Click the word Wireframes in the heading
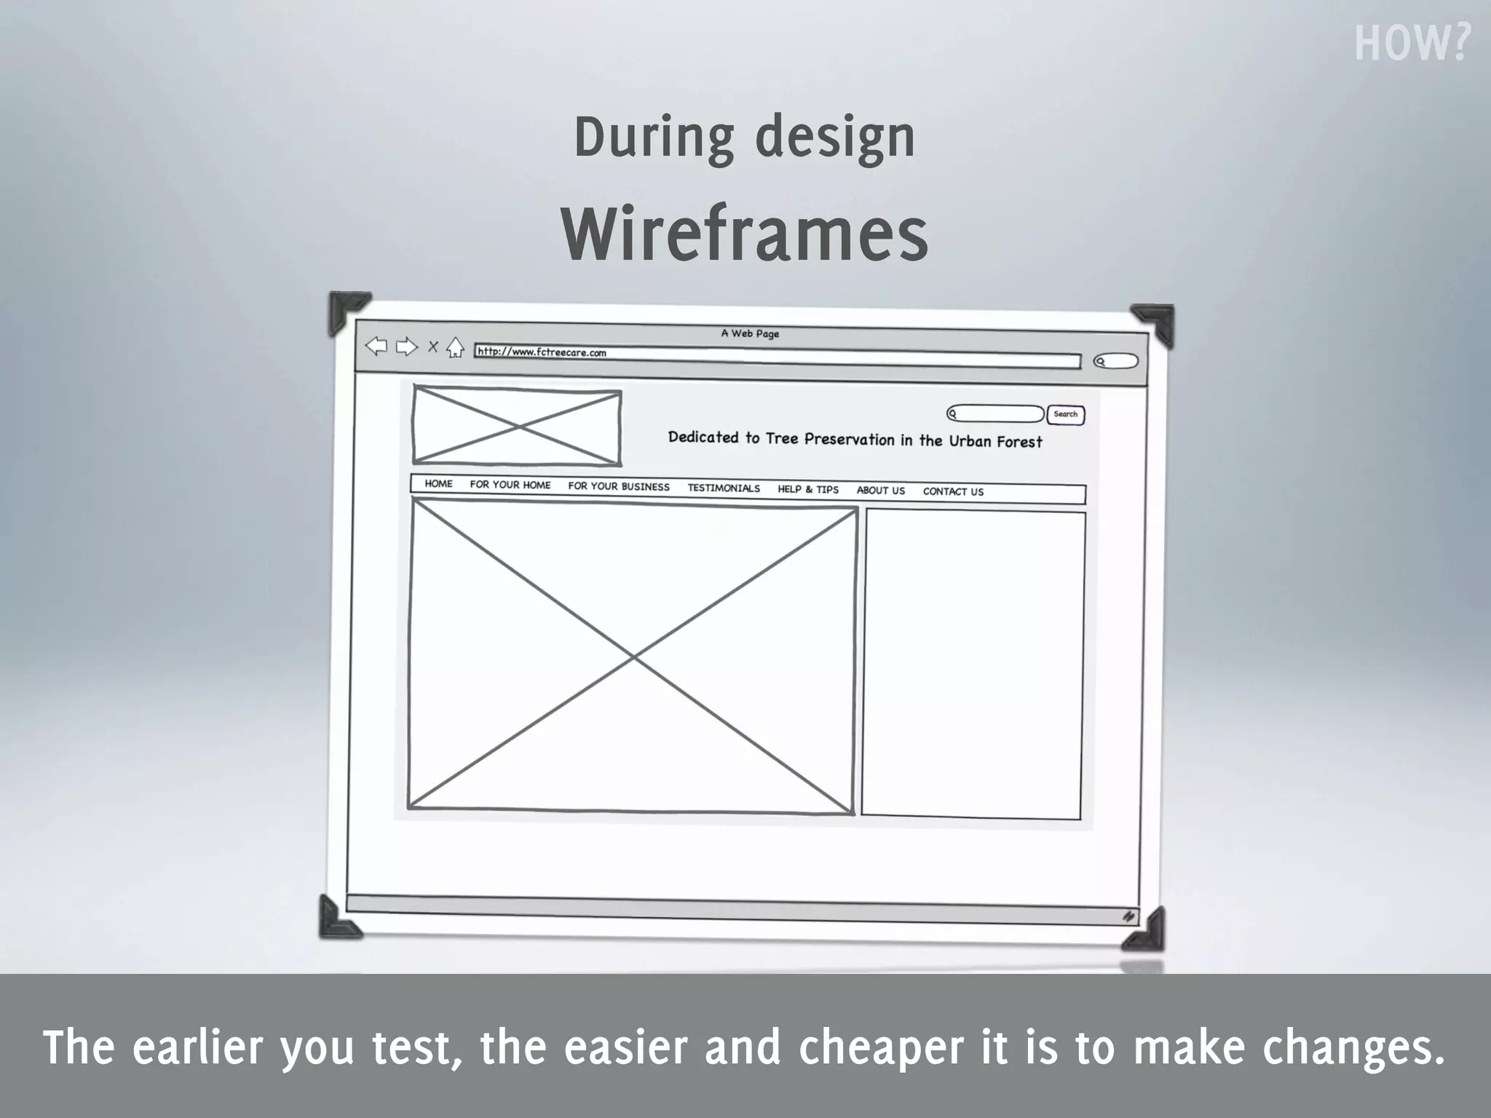tap(744, 234)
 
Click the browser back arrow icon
tap(376, 346)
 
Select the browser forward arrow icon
tap(406, 347)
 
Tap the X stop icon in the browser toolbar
tap(432, 347)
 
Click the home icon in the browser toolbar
tap(455, 348)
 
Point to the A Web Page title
tap(750, 333)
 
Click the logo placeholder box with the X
tap(517, 426)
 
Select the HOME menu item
tap(438, 483)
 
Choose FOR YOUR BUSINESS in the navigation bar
tap(619, 486)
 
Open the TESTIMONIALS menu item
tap(724, 488)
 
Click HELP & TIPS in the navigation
tap(808, 489)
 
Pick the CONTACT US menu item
tap(953, 491)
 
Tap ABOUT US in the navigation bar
tap(881, 491)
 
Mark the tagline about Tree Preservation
tap(855, 439)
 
